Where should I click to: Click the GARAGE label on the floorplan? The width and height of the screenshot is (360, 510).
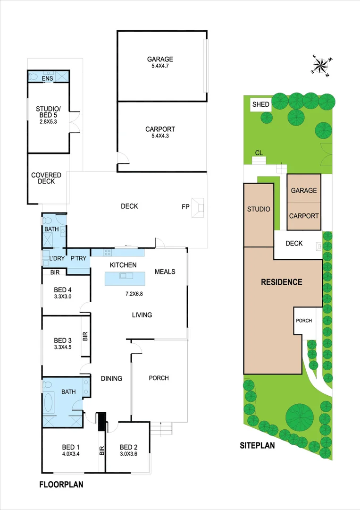[x=160, y=59]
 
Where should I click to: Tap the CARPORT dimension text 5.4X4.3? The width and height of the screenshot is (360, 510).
[x=160, y=136]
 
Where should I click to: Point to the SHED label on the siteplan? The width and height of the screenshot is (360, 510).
[x=260, y=104]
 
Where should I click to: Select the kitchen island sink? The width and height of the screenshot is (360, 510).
[x=125, y=276]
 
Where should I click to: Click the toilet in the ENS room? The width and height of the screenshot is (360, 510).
[x=33, y=76]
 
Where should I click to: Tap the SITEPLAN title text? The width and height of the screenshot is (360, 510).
[x=257, y=445]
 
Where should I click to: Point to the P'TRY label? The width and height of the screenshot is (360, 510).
[x=78, y=259]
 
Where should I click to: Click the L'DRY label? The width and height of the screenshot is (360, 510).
[x=57, y=259]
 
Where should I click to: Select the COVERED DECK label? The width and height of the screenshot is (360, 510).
[x=43, y=178]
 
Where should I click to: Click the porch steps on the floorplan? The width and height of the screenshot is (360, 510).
[x=161, y=429]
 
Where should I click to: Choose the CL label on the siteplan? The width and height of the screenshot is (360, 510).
[x=259, y=153]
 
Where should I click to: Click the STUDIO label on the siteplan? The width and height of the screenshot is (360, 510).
[x=259, y=209]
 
